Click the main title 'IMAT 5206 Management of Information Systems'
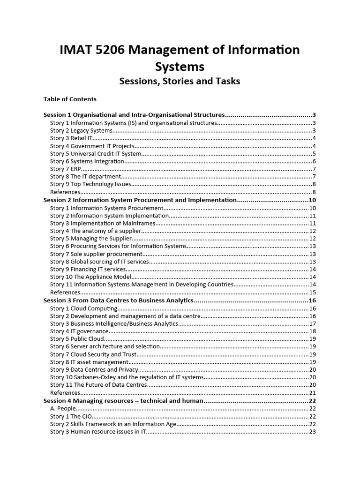point(180,57)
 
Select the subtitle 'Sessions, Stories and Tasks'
point(180,81)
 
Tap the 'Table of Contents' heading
point(70,99)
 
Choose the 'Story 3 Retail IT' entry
point(72,138)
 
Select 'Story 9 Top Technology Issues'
point(91,184)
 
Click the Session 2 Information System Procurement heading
point(140,200)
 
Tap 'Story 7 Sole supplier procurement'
point(97,254)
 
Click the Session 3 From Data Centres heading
point(119,300)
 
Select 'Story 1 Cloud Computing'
point(84,308)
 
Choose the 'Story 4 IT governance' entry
point(75,331)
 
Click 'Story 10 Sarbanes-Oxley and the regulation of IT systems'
point(127,377)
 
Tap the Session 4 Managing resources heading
point(123,401)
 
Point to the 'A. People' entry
point(63,408)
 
